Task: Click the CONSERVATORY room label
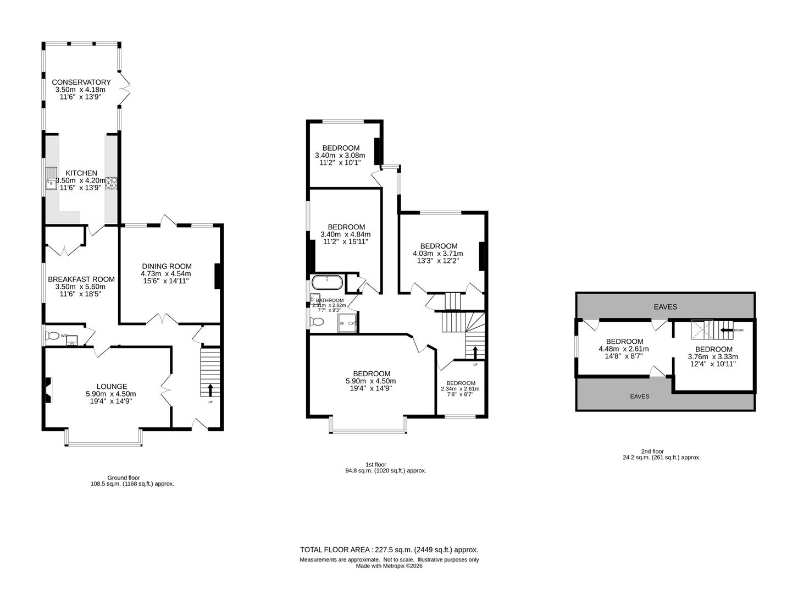[x=81, y=82]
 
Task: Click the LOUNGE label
[x=112, y=387]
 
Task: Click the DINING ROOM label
[x=166, y=266]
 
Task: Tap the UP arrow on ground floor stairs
[x=210, y=389]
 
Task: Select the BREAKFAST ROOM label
[x=81, y=279]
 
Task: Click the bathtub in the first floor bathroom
[x=327, y=283]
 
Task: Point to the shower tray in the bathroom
[x=348, y=323]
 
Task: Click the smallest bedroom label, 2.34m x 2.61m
[x=461, y=383]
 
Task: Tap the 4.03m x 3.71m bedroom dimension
[x=438, y=254]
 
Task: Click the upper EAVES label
[x=665, y=307]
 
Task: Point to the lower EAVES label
[x=640, y=396]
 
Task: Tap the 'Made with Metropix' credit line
[x=389, y=565]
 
